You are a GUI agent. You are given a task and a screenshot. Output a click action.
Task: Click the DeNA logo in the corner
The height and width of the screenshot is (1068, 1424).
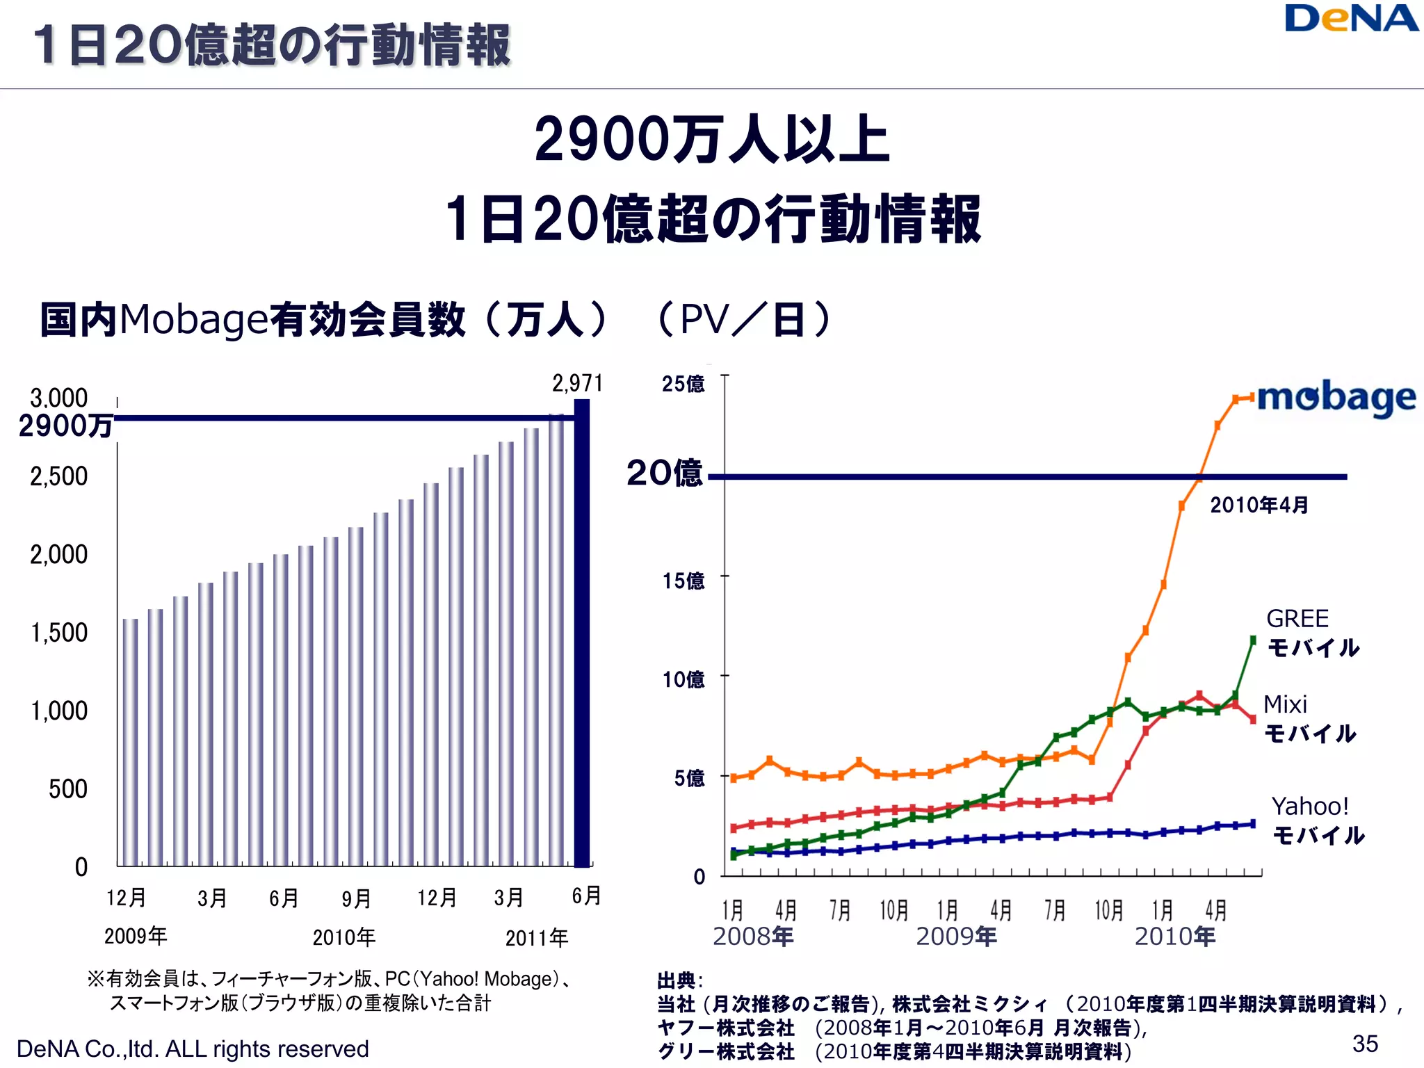[1350, 19]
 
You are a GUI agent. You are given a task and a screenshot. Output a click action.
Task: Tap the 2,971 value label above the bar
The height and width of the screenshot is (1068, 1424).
[577, 383]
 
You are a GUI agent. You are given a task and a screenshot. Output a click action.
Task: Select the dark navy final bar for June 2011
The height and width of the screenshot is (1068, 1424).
[582, 633]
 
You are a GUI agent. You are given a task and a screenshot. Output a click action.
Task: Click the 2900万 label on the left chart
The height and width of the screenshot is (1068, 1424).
[65, 426]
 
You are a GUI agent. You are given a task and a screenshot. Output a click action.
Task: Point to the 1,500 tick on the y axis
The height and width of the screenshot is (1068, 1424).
[59, 633]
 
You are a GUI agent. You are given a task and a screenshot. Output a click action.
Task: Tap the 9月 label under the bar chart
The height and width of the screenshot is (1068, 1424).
[356, 898]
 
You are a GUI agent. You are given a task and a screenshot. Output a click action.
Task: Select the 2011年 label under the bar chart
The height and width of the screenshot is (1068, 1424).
[536, 938]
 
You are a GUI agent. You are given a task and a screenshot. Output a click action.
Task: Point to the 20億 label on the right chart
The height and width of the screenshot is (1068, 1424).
[664, 474]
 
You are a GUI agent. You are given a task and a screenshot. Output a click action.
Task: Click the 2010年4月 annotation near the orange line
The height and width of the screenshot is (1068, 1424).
[1259, 505]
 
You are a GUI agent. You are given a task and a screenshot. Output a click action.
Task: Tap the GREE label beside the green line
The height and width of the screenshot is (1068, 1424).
[1297, 618]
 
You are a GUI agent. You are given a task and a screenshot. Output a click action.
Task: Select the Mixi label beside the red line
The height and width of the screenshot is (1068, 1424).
[1285, 704]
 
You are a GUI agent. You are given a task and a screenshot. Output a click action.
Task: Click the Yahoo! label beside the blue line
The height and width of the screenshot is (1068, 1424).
[1310, 807]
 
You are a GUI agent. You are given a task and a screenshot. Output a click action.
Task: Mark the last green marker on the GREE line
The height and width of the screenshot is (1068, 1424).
[1253, 640]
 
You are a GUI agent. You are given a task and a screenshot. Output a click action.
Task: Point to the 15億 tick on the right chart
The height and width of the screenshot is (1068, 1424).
[683, 581]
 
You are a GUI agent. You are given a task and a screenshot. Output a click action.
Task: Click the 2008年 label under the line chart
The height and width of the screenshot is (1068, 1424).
[753, 937]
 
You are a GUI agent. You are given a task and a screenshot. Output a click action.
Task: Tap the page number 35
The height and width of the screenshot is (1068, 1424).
[1365, 1043]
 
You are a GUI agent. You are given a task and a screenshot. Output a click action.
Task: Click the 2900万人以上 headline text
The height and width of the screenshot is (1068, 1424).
[711, 140]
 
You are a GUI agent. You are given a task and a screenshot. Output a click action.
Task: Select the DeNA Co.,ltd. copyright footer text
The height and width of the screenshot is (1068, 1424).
[193, 1049]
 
